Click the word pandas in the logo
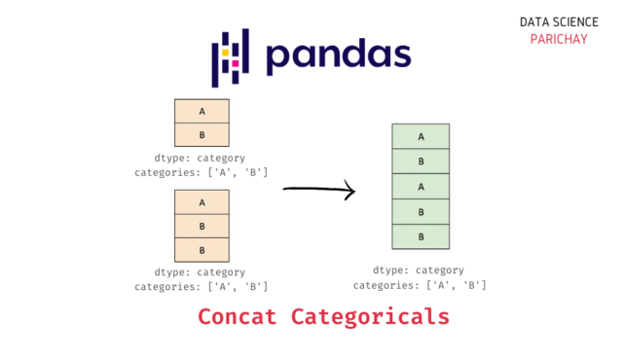pyautogui.click(x=339, y=56)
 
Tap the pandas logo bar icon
pyautogui.click(x=231, y=57)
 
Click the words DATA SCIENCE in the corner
pyautogui.click(x=555, y=20)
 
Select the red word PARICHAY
pyautogui.click(x=555, y=39)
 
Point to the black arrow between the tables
pyautogui.click(x=319, y=190)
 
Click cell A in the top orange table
pyautogui.click(x=202, y=111)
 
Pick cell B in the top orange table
pyautogui.click(x=202, y=134)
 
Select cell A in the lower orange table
pyautogui.click(x=202, y=202)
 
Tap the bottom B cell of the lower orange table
pyautogui.click(x=202, y=250)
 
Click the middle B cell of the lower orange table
pyautogui.click(x=202, y=226)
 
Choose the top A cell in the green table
pyautogui.click(x=421, y=136)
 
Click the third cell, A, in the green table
pyautogui.click(x=421, y=187)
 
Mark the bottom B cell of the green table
pyautogui.click(x=421, y=236)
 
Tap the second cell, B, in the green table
pyautogui.click(x=421, y=162)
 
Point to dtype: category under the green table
pyautogui.click(x=419, y=270)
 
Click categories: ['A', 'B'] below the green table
pyautogui.click(x=420, y=285)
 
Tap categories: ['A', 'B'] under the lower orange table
pyautogui.click(x=201, y=286)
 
